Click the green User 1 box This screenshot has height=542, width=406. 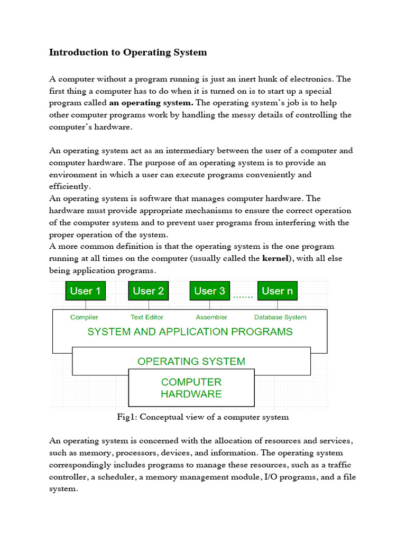pos(85,291)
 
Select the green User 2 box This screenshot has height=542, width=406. pos(148,291)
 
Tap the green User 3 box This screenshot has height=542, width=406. pos(209,291)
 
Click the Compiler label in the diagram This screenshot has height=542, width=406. pos(84,317)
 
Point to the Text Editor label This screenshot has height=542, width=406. pos(147,317)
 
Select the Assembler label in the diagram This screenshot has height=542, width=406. pos(211,317)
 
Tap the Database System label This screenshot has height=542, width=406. pos(280,317)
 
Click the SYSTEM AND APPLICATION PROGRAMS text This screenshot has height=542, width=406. pos(190,332)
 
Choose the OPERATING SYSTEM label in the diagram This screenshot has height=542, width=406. pos(191,362)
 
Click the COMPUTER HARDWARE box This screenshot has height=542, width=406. pos(191,387)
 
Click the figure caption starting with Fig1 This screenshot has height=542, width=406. pos(202,417)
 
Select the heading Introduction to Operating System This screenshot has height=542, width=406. pos(128,52)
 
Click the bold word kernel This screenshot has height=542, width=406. pos(275,259)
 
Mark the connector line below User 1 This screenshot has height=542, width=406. pos(85,304)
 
